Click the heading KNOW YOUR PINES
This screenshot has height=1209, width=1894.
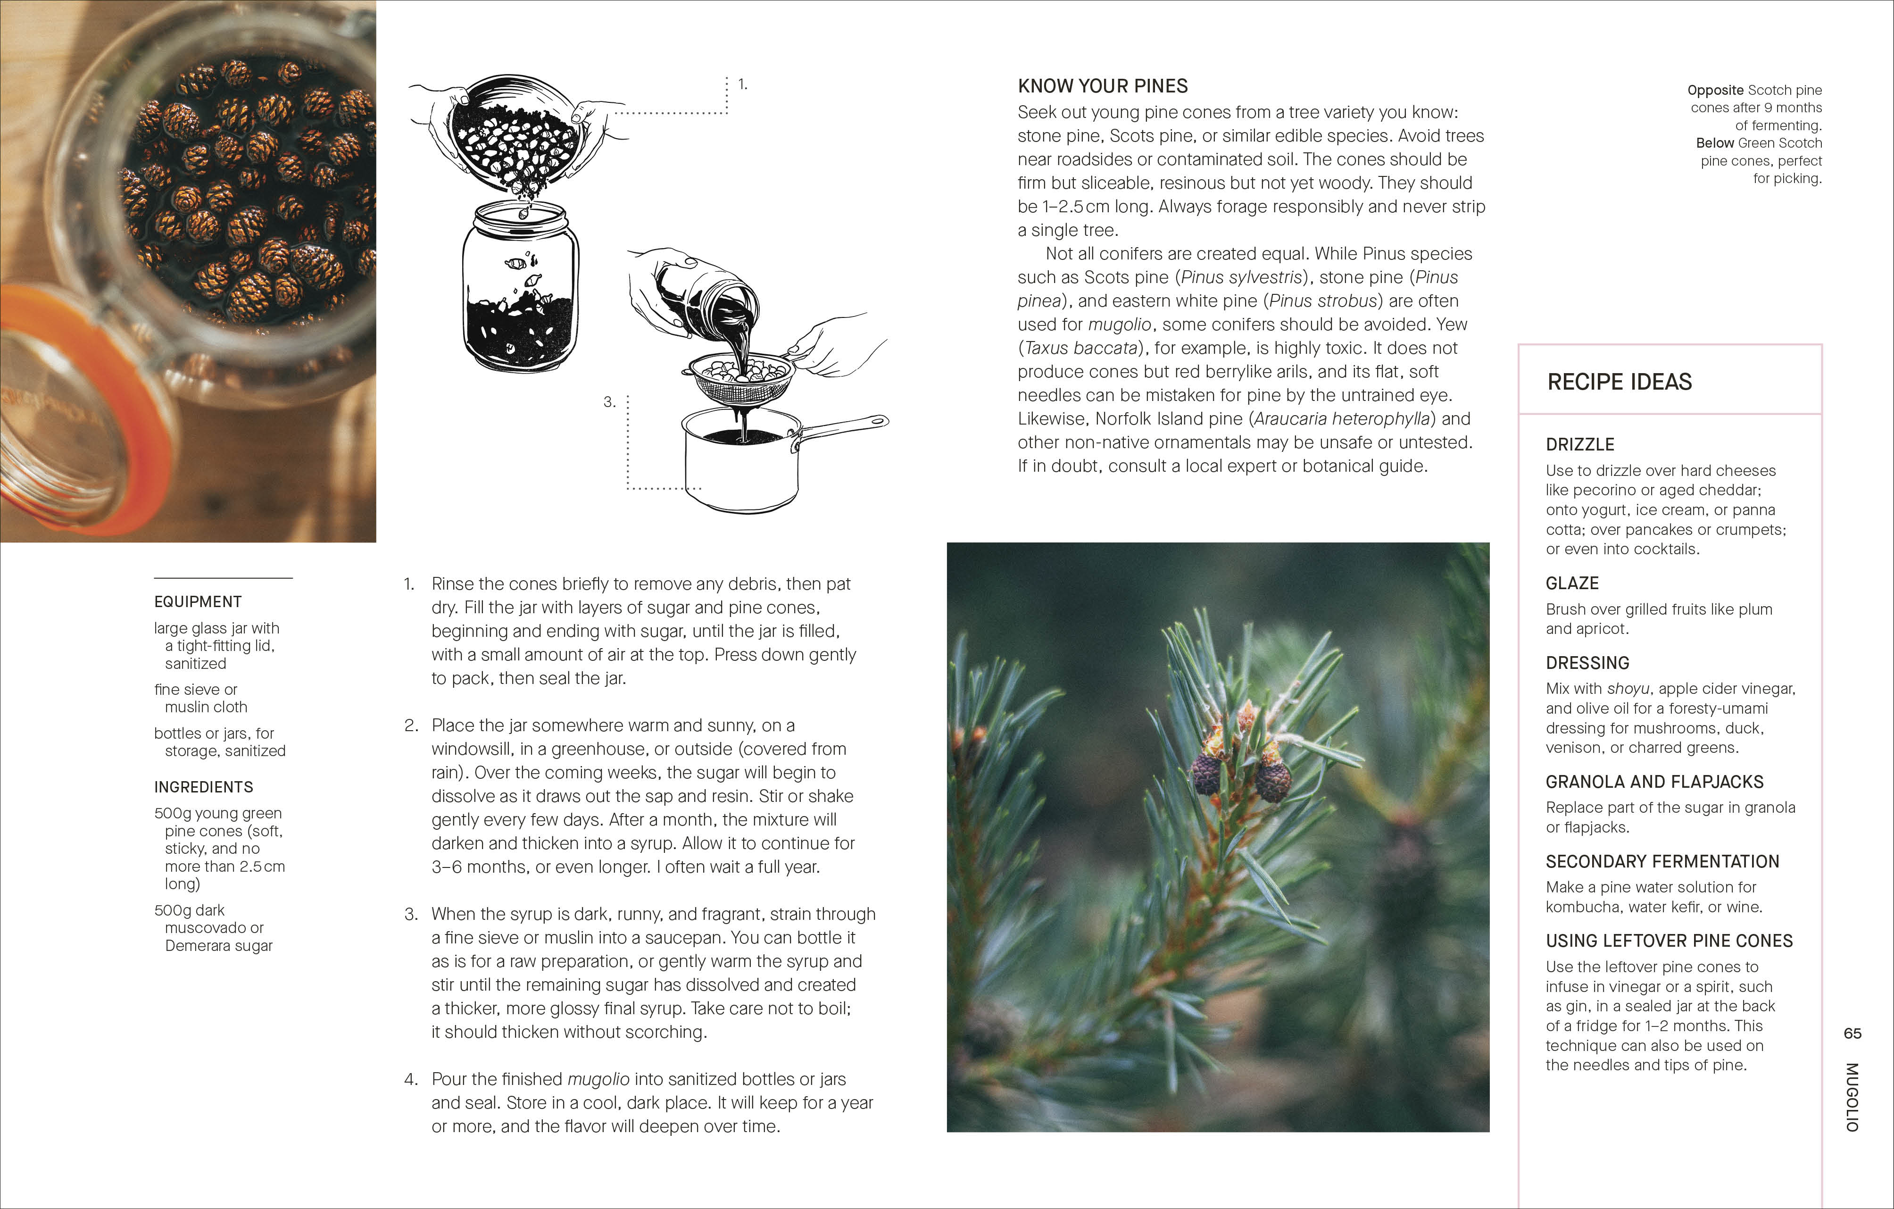1102,86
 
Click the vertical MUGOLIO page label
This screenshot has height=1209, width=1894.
1852,1097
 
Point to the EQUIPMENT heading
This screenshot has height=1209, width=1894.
198,602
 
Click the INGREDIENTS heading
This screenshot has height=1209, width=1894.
203,787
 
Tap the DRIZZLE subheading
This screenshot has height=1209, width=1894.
1579,444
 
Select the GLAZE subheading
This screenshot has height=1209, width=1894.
1571,584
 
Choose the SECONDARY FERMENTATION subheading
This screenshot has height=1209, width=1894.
1662,861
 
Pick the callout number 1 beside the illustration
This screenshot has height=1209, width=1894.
742,84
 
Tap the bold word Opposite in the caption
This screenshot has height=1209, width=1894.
1715,91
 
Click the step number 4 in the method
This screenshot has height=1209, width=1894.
411,1079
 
